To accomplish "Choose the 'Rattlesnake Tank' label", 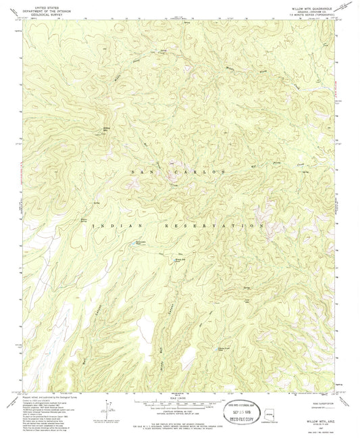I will [138, 243].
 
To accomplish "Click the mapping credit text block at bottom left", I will [47, 412].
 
